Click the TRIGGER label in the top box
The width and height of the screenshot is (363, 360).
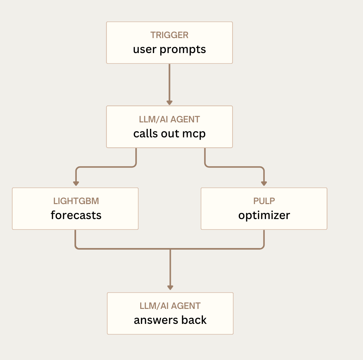[169, 35]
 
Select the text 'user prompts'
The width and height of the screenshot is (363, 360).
[169, 49]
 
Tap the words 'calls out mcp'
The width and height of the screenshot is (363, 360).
[169, 134]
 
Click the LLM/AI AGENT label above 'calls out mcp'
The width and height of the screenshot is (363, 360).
[169, 119]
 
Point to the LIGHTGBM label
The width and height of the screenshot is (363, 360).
[76, 201]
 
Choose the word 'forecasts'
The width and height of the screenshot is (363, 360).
[76, 215]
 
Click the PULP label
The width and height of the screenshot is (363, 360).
[264, 201]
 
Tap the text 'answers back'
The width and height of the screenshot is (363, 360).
[170, 320]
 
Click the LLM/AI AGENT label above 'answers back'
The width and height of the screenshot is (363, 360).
[170, 306]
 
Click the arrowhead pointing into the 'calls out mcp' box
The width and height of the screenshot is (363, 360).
[169, 103]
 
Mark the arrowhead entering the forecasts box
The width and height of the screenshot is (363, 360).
[76, 184]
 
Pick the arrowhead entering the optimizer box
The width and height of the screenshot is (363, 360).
[264, 184]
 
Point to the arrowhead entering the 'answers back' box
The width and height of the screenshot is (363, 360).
[170, 287]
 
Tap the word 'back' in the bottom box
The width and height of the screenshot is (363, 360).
[194, 320]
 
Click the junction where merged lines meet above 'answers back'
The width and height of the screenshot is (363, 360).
[170, 249]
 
